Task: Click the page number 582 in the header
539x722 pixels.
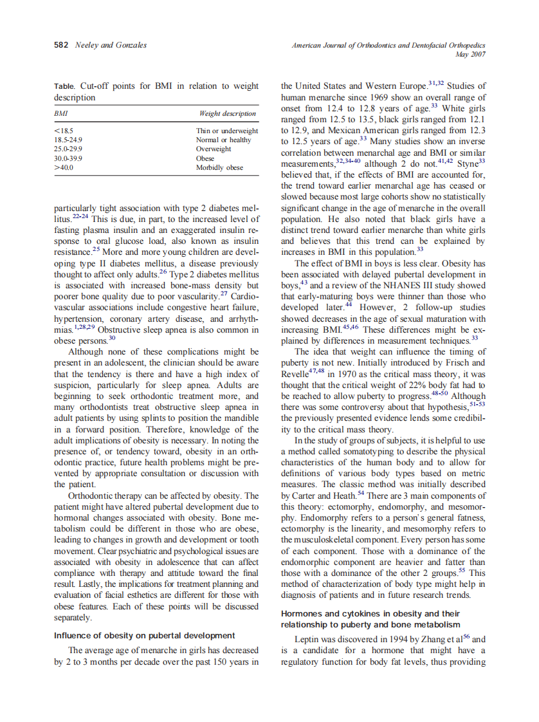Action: [x=62, y=44]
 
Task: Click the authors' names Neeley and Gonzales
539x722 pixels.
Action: [x=111, y=44]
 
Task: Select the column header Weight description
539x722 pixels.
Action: [x=228, y=114]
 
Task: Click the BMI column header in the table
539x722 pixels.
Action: [x=62, y=114]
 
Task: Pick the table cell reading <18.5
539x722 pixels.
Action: [x=62, y=131]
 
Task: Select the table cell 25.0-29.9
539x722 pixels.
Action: [x=68, y=149]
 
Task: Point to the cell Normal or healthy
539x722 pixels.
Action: [x=223, y=140]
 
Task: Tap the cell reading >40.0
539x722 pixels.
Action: [x=64, y=167]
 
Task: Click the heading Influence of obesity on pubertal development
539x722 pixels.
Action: [x=144, y=636]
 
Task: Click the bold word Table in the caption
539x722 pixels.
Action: [x=64, y=86]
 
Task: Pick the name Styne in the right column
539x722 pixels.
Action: [x=467, y=163]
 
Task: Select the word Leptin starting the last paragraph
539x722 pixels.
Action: [x=307, y=640]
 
